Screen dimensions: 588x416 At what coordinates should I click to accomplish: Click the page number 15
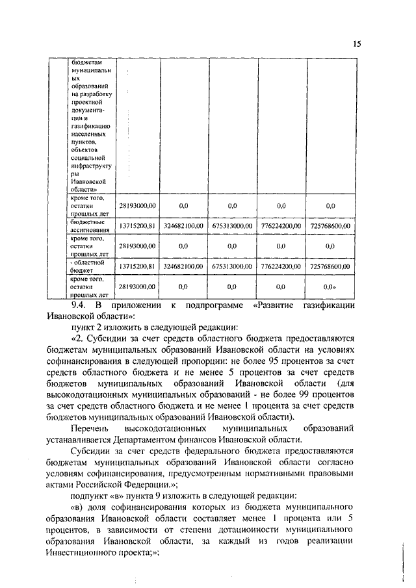[357, 44]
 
